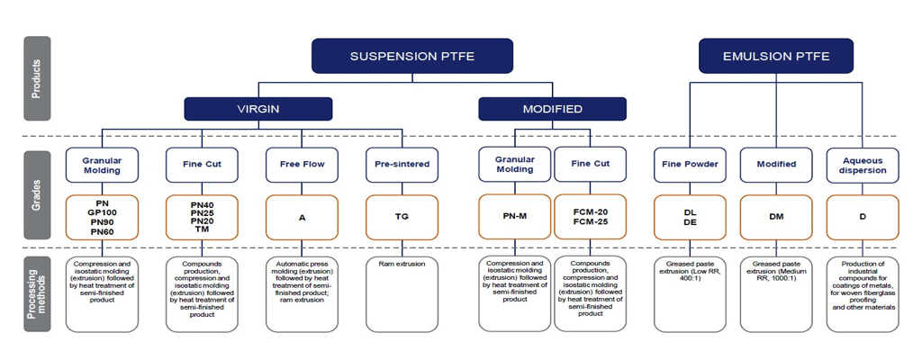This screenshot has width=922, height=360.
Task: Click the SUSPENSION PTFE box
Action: click(x=411, y=56)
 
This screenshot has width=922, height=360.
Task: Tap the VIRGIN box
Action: click(x=258, y=109)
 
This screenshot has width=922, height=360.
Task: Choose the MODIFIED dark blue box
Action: click(x=552, y=109)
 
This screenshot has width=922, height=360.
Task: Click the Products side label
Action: click(x=36, y=78)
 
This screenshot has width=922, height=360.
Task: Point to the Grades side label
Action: click(x=36, y=193)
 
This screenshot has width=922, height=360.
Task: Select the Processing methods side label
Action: click(x=36, y=292)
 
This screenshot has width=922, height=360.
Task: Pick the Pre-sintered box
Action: click(x=402, y=165)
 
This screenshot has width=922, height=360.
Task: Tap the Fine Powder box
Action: click(x=690, y=165)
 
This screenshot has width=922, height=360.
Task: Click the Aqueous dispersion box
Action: click(x=863, y=165)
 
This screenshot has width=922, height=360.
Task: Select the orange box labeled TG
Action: click(x=402, y=216)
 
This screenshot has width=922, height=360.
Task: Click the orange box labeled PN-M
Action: click(x=514, y=216)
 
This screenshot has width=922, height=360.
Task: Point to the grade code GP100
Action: click(x=102, y=213)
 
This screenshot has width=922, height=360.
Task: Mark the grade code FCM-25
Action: click(x=590, y=221)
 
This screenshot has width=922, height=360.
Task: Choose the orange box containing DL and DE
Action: click(x=690, y=216)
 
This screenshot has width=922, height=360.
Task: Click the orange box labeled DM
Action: click(x=775, y=216)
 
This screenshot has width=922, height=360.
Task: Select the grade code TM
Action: click(x=202, y=230)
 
